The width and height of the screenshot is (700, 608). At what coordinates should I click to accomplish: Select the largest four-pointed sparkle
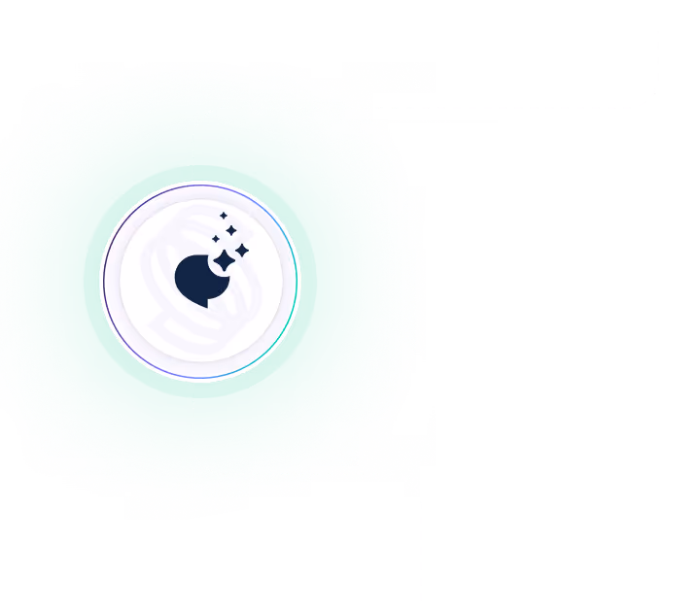(224, 259)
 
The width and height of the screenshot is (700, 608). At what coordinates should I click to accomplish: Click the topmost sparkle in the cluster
(223, 216)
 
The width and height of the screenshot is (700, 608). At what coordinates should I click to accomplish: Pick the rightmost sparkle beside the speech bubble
(241, 251)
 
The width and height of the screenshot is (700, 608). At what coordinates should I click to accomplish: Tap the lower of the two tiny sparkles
(216, 239)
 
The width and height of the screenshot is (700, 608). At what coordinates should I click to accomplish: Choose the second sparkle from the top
(230, 230)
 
